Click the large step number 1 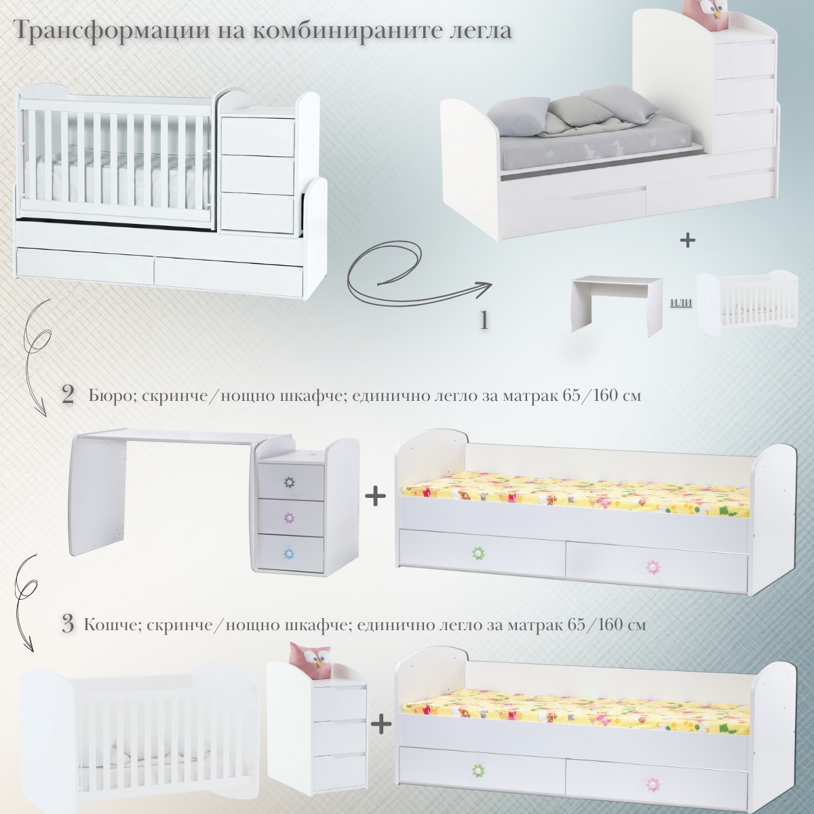click(x=484, y=321)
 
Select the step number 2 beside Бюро click(x=68, y=395)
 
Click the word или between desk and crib click(x=681, y=302)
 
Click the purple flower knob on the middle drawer click(x=289, y=518)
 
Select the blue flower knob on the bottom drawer click(x=289, y=554)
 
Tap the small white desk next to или click(x=617, y=303)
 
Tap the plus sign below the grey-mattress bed click(x=688, y=241)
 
